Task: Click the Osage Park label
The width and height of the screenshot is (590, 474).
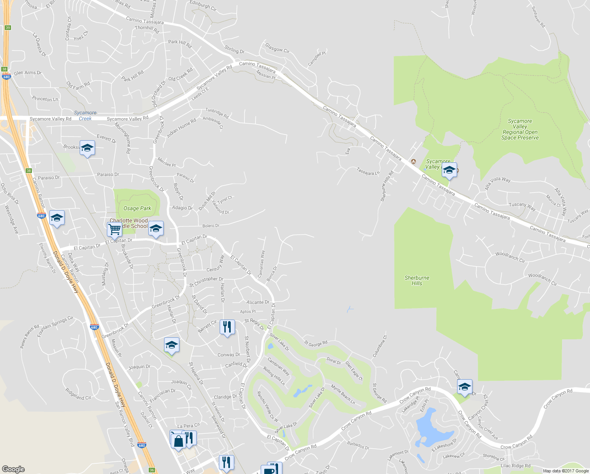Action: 137,208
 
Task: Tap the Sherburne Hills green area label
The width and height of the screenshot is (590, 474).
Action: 417,280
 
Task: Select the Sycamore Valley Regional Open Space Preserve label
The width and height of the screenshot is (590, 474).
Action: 520,130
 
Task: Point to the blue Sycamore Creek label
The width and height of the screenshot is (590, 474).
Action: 85,116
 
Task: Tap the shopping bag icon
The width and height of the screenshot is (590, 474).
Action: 178,440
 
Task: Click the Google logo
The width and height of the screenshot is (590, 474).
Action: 13,469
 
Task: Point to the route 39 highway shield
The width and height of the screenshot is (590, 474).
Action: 8,28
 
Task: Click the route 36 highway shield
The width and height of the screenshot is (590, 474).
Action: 152,470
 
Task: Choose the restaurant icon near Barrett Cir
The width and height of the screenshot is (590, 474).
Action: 227,327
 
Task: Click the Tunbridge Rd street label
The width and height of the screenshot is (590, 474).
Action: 217,113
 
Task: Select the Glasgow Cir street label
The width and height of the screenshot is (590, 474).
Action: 277,48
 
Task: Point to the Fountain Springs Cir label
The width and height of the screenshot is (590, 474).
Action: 55,326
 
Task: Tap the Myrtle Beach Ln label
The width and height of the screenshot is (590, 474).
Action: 343,394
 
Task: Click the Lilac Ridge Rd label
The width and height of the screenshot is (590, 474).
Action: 515,466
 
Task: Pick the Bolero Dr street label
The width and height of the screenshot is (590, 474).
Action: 211,226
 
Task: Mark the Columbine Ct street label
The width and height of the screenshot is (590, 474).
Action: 380,346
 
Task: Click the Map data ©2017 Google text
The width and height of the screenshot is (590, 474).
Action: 566,471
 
